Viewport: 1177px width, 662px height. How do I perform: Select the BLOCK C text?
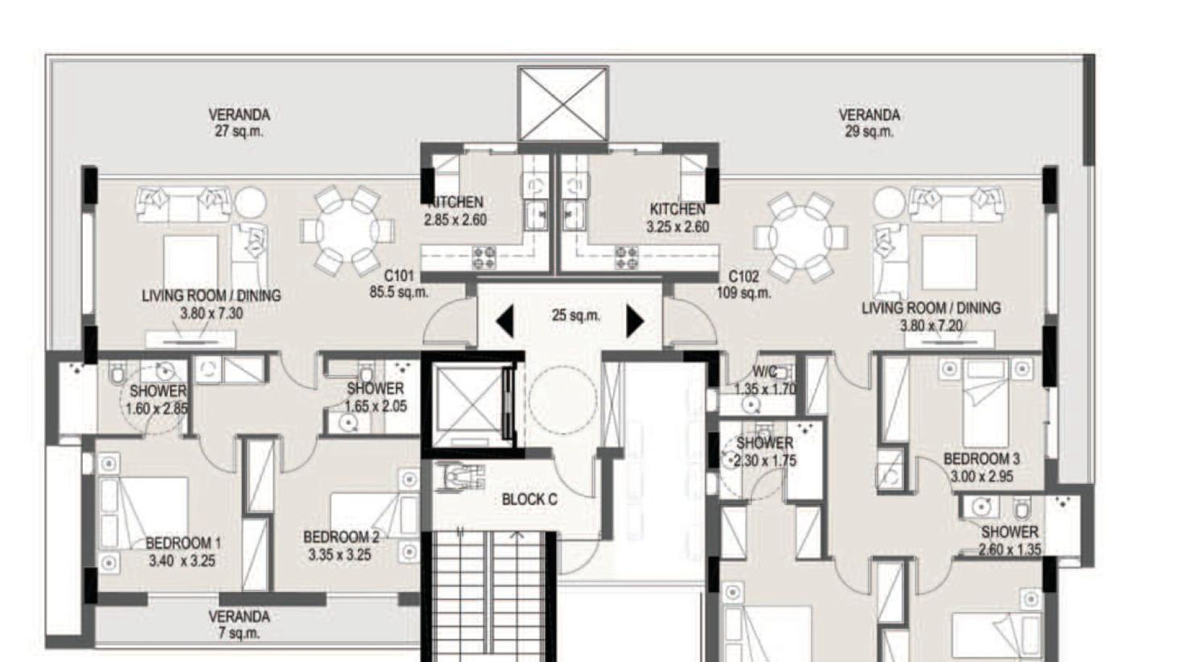pyautogui.click(x=529, y=500)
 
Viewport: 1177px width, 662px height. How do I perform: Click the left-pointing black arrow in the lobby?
pyautogui.click(x=505, y=321)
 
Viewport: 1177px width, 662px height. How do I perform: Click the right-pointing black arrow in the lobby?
pyautogui.click(x=636, y=321)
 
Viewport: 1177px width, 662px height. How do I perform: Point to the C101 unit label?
pyautogui.click(x=399, y=276)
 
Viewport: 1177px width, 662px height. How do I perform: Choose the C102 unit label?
pyautogui.click(x=744, y=276)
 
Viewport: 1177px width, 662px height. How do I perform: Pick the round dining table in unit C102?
pyautogui.click(x=801, y=237)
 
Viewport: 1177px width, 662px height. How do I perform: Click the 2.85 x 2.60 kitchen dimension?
pyautogui.click(x=455, y=219)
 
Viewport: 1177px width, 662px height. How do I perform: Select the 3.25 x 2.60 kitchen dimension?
pyautogui.click(x=677, y=226)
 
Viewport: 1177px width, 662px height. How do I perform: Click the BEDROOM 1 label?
pyautogui.click(x=183, y=543)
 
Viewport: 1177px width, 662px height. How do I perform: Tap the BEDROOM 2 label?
pyautogui.click(x=341, y=538)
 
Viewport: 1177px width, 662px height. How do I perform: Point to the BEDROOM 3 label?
pyautogui.click(x=981, y=458)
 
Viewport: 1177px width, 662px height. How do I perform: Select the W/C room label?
pyautogui.click(x=764, y=371)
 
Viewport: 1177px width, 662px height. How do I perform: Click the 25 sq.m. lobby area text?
pyautogui.click(x=576, y=315)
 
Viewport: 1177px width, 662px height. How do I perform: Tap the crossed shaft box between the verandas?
pyautogui.click(x=563, y=104)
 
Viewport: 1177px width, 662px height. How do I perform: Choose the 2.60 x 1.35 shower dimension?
pyautogui.click(x=1009, y=549)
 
